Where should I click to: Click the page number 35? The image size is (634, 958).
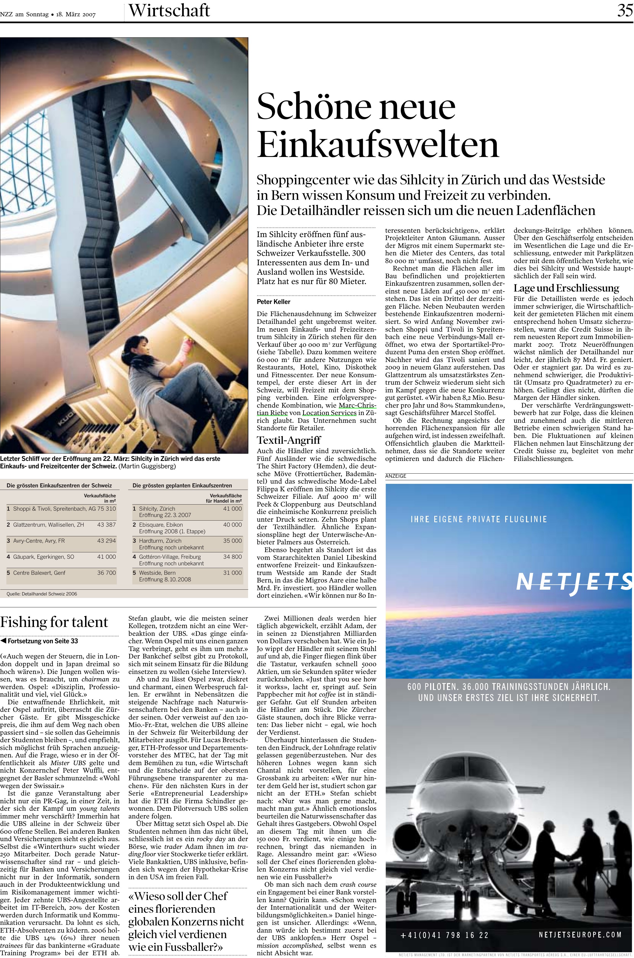click(625, 10)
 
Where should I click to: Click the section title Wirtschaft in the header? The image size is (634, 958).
click(169, 11)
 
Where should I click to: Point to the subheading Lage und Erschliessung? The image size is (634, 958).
click(566, 288)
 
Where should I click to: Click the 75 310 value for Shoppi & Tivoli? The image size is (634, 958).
click(106, 508)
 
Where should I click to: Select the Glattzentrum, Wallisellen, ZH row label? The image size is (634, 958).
click(49, 524)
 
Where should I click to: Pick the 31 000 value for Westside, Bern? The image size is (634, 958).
click(233, 573)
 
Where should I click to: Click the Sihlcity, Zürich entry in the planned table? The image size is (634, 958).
click(157, 508)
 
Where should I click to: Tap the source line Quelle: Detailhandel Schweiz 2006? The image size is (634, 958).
click(42, 594)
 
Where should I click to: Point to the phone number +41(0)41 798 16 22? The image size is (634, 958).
click(444, 935)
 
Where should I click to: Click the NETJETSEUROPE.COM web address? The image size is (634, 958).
click(580, 935)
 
